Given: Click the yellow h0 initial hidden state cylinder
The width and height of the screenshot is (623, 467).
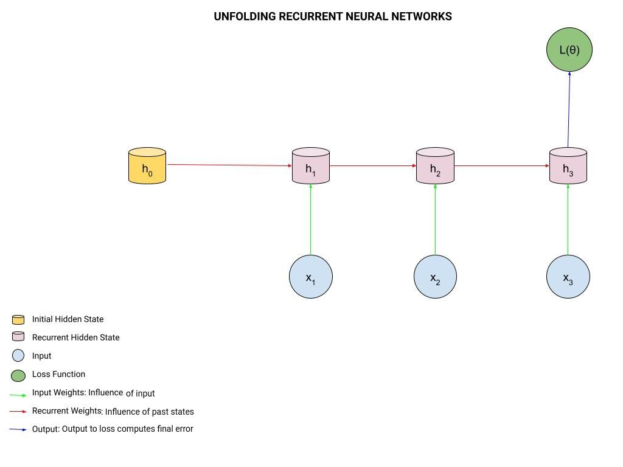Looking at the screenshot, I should pyautogui.click(x=147, y=165).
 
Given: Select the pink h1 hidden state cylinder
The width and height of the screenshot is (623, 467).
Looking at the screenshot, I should pyautogui.click(x=311, y=165).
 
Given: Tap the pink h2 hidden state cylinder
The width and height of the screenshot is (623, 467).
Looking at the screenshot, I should pyautogui.click(x=435, y=165).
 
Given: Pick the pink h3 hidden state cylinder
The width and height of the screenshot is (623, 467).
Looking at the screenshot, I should pyautogui.click(x=568, y=165).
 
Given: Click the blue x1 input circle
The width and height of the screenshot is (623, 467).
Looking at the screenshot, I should pyautogui.click(x=311, y=277).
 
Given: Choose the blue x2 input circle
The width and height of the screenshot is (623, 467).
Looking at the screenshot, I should pyautogui.click(x=435, y=277).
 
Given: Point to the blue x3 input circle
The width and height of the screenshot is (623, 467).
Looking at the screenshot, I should pyautogui.click(x=568, y=277).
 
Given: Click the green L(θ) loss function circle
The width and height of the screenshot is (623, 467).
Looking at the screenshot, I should pyautogui.click(x=569, y=50).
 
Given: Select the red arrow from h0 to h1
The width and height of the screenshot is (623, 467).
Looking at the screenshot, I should pyautogui.click(x=229, y=165).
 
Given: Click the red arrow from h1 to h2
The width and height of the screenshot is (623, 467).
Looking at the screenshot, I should pyautogui.click(x=373, y=165).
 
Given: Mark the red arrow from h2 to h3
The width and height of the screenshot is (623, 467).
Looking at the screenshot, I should pyautogui.click(x=501, y=165).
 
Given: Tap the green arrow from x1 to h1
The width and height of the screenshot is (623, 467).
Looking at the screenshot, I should pyautogui.click(x=311, y=219).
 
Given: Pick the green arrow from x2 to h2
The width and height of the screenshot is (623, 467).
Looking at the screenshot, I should pyautogui.click(x=435, y=219).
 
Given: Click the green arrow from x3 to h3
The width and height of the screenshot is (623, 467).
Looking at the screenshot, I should pyautogui.click(x=568, y=219).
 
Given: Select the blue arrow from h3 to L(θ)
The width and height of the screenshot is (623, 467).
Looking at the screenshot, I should pyautogui.click(x=569, y=109).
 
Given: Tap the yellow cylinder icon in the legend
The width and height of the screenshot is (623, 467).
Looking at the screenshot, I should pyautogui.click(x=18, y=320).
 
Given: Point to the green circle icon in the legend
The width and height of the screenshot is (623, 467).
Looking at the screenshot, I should pyautogui.click(x=18, y=375).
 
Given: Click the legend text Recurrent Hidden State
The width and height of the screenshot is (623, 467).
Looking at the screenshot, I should pyautogui.click(x=76, y=337).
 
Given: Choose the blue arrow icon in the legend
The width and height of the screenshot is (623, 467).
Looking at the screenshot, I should pyautogui.click(x=18, y=429).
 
